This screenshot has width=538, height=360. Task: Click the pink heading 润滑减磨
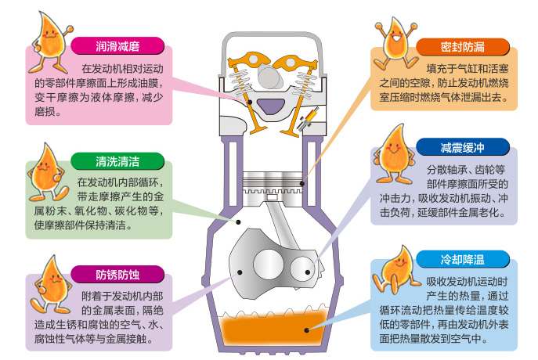[x=117, y=46]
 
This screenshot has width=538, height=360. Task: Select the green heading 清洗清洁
[x=117, y=161]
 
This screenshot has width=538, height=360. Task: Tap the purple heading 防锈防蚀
[x=117, y=274]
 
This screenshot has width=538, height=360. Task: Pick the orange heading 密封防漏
[x=462, y=47]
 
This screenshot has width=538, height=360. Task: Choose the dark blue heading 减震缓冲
[x=462, y=147]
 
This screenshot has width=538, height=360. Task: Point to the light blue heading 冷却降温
[x=462, y=259]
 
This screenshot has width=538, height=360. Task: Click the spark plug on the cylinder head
[x=308, y=119]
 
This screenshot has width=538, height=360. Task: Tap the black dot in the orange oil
[x=307, y=330]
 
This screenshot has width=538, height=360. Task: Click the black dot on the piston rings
[x=302, y=183]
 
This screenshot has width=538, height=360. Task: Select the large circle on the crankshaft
[x=269, y=265]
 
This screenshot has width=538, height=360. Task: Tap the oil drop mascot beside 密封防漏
[x=395, y=44]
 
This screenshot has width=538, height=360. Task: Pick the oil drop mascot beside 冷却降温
[x=395, y=272]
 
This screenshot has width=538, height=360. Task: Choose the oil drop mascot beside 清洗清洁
[x=47, y=172]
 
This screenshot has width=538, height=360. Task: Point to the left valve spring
[x=242, y=81]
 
